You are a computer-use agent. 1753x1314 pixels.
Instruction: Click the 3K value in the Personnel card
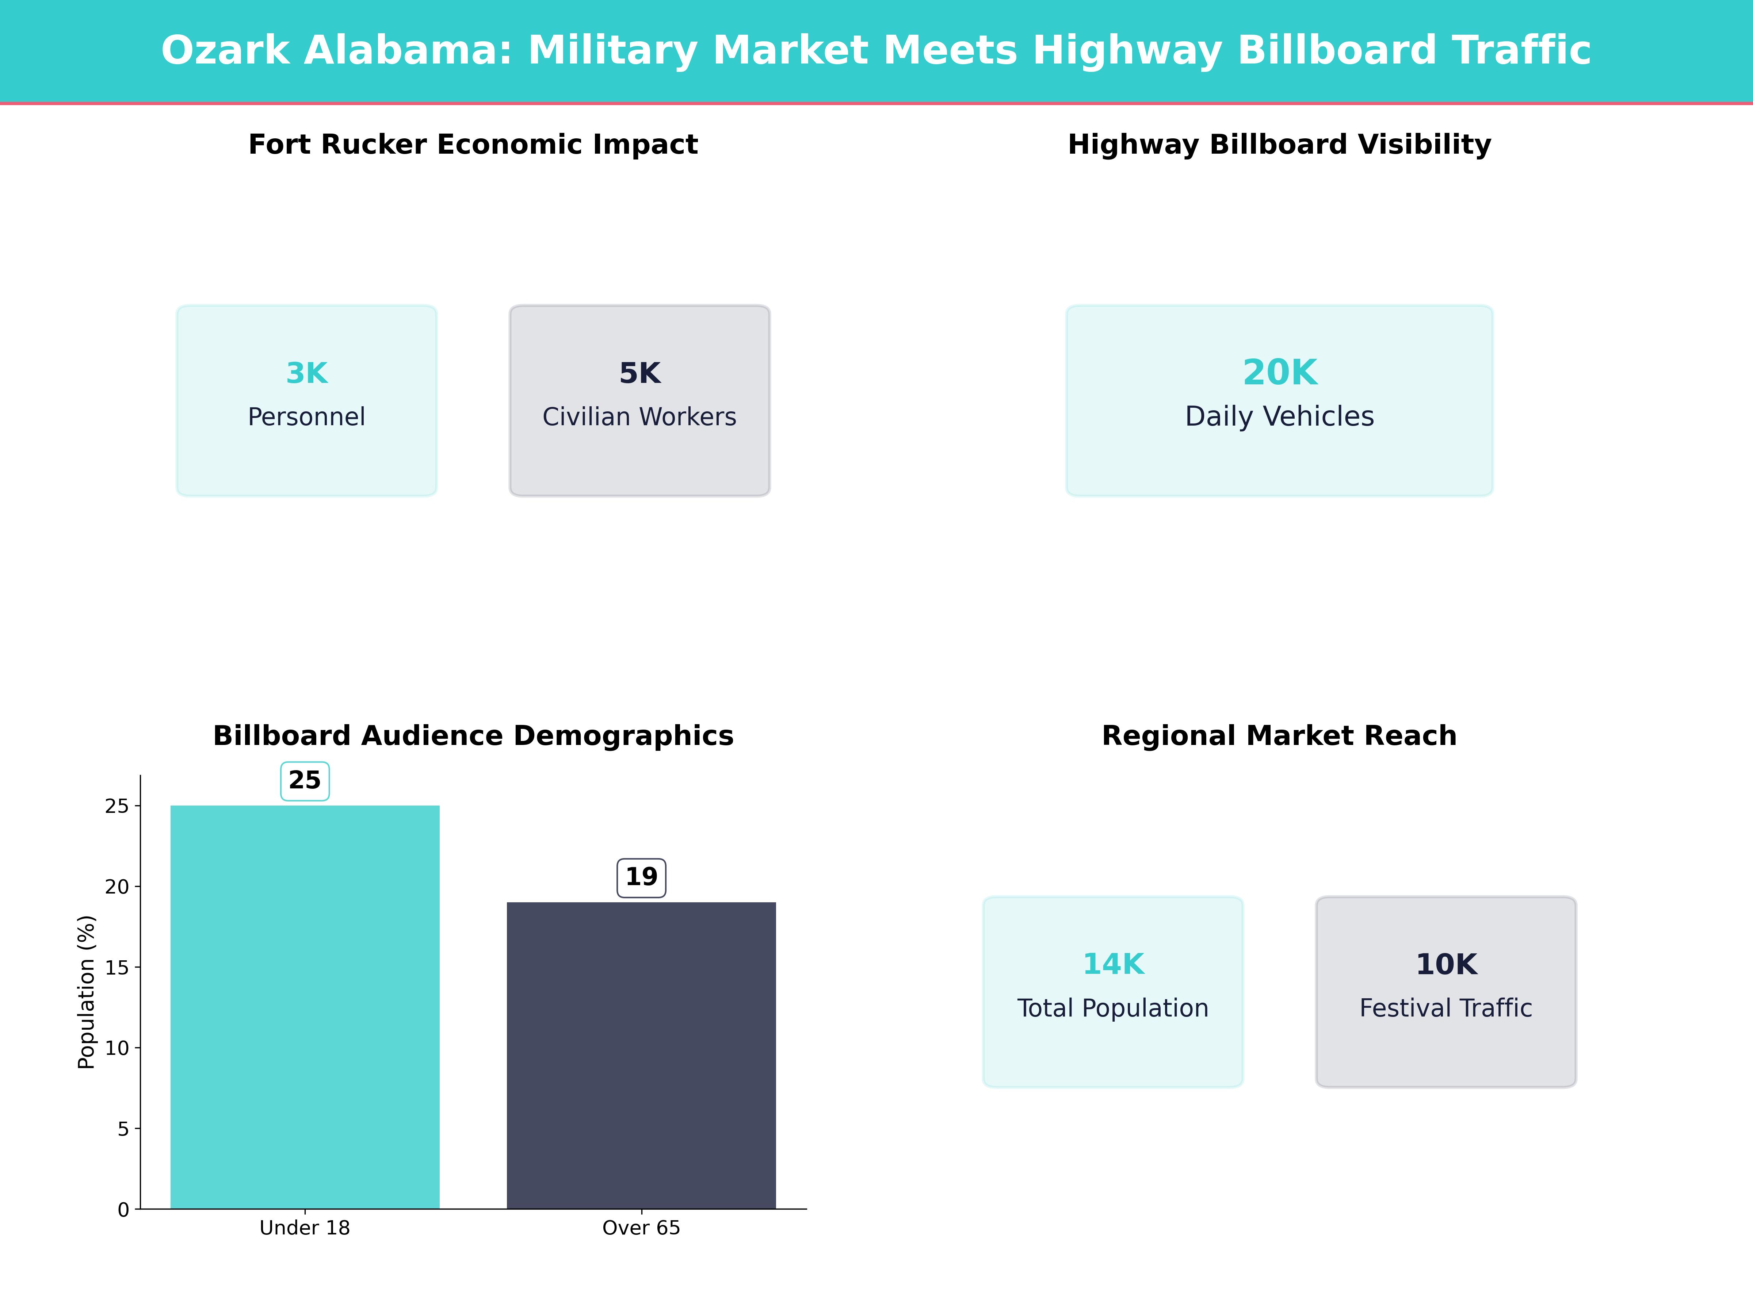tap(307, 373)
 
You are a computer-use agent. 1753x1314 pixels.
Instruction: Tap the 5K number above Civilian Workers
tap(639, 373)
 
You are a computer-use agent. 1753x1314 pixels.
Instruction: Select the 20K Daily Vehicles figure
tap(1279, 372)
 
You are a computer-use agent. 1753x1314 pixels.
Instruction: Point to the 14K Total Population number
tap(1113, 964)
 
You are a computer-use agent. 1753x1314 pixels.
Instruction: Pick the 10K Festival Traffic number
tap(1445, 964)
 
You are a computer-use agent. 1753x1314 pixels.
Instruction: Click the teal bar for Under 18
tap(305, 1006)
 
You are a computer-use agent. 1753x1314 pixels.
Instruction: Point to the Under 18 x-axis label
tap(305, 1227)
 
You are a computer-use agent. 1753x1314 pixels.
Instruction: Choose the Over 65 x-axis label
tap(641, 1227)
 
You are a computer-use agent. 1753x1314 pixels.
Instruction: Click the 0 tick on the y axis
tap(123, 1210)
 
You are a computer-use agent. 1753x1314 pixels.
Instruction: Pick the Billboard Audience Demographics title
tap(473, 736)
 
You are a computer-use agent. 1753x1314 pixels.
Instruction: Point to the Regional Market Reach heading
tap(1279, 736)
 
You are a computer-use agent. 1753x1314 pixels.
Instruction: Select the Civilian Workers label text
tap(639, 416)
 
